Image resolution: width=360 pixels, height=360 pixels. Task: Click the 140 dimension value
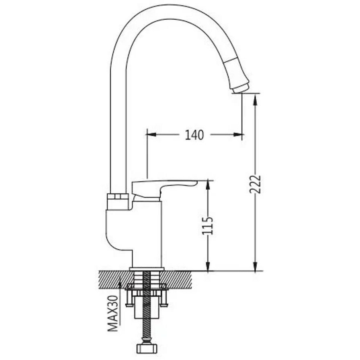[x=194, y=135]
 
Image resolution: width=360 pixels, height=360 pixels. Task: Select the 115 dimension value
[x=207, y=226]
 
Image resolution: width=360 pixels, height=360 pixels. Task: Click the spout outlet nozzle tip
[x=240, y=89]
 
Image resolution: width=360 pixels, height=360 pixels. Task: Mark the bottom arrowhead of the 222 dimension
[x=255, y=266]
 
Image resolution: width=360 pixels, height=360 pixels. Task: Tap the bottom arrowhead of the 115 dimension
[x=208, y=266]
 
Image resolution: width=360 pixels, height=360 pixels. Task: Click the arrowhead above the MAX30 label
[x=120, y=284]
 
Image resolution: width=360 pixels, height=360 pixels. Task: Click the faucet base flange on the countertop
[x=147, y=269]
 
